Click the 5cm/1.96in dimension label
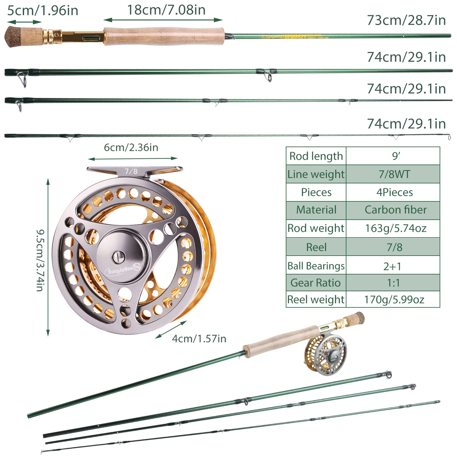[43, 10]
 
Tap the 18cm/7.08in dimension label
[166, 10]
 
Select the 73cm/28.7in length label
[406, 20]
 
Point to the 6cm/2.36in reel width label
[131, 147]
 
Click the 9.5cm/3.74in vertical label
[40, 260]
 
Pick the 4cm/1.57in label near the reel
[199, 338]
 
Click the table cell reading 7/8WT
[394, 174]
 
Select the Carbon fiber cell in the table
[395, 210]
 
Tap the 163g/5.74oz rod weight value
[395, 228]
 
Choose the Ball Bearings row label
[316, 266]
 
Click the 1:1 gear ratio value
[393, 283]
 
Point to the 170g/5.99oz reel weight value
[394, 299]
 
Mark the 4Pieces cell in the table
[395, 192]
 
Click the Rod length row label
[316, 156]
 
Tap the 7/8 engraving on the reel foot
[131, 171]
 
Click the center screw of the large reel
[118, 257]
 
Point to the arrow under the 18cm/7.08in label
[163, 20]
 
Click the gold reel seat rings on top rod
[52, 37]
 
